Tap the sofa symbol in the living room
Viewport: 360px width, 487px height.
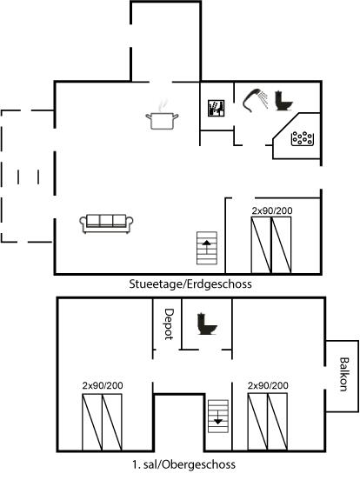click(x=106, y=223)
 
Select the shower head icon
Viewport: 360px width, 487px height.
click(x=256, y=100)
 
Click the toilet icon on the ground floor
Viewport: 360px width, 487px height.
click(x=283, y=101)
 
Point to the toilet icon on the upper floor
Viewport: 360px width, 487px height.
click(x=207, y=324)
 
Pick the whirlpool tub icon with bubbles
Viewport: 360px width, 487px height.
click(x=303, y=138)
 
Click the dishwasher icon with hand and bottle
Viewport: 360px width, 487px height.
click(x=217, y=108)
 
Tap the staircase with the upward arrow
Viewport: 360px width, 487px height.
click(x=207, y=248)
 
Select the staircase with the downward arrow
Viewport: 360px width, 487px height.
click(x=218, y=417)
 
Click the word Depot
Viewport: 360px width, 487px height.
click(x=169, y=324)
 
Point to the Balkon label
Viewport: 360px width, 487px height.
click(x=343, y=374)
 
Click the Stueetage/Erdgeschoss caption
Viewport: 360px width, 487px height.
click(x=190, y=284)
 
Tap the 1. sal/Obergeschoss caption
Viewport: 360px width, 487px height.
click(x=183, y=464)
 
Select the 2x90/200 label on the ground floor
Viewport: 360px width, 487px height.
click(x=272, y=210)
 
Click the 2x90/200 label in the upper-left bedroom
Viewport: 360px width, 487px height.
click(x=103, y=385)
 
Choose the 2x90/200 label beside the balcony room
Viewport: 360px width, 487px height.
click(x=268, y=385)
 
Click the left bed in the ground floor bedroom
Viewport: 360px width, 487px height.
click(x=261, y=245)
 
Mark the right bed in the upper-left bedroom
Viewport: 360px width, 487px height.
click(x=112, y=422)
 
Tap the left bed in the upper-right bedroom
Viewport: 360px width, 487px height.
click(x=257, y=422)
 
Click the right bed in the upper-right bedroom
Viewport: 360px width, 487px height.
click(x=277, y=422)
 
